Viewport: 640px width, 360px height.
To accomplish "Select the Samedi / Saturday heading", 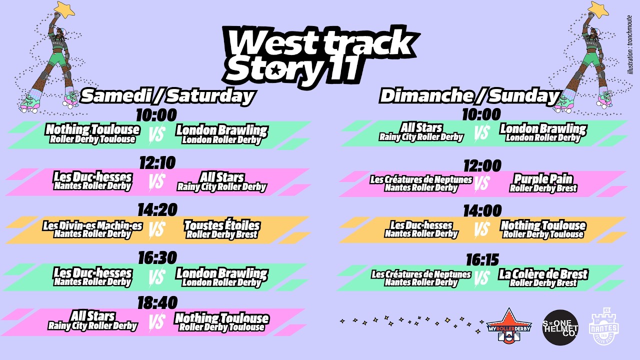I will tap(168, 95).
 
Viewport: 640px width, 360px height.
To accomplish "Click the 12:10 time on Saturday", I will tap(157, 163).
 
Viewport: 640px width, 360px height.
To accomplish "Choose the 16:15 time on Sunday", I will tap(482, 260).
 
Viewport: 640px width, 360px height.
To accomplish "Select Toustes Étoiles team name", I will tap(221, 225).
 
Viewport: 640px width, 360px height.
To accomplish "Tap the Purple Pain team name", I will tap(543, 179).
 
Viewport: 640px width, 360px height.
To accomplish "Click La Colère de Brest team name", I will tap(543, 274).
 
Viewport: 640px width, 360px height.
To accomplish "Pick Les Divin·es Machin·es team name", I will tap(92, 225).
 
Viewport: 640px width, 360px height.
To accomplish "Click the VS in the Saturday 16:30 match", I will tap(157, 276).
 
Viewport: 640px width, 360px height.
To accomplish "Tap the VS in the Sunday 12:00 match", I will tap(481, 183).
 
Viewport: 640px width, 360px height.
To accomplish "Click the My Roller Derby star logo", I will tap(508, 325).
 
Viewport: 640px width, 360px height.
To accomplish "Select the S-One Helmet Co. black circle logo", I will tap(560, 327).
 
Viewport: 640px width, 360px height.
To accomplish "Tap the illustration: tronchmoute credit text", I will tap(630, 45).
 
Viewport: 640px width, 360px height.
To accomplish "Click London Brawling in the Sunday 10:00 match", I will tap(543, 128).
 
